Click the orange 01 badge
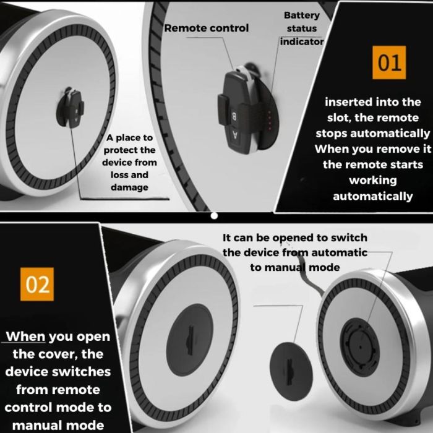389,62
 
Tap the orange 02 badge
37,284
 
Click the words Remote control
207,28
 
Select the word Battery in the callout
302,15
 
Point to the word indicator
302,41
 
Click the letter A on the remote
235,135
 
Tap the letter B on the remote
234,116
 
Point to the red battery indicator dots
270,120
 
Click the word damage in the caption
129,187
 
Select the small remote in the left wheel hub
71,108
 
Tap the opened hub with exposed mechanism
359,346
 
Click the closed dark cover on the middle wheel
190,340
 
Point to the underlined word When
26,337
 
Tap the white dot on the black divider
214,216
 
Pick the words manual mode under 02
58,426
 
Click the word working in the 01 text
373,181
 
